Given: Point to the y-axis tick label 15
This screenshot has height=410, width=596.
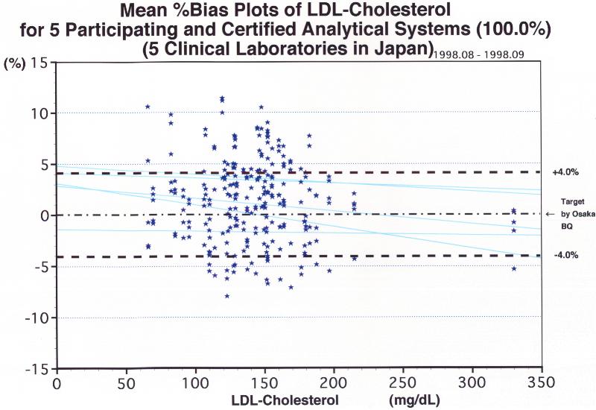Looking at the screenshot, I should coord(39,63).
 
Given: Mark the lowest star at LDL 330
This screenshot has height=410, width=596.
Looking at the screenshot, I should coord(514,268).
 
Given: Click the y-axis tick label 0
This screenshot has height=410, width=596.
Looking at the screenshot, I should coord(42,216).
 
